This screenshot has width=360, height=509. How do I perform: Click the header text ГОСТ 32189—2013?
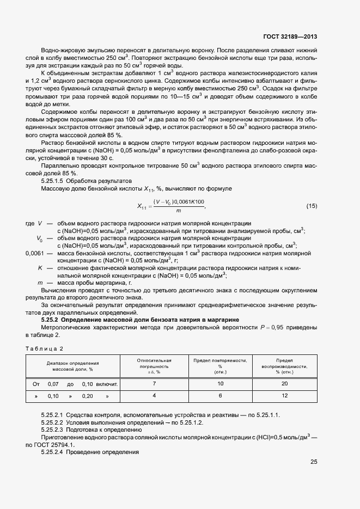291,37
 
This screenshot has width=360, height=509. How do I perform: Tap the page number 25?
314,462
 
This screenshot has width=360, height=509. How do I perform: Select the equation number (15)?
312,206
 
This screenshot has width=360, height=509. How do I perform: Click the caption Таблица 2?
45,348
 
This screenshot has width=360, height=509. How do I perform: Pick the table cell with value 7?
154,384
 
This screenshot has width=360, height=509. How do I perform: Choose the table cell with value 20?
284,384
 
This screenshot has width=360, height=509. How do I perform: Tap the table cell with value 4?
154,396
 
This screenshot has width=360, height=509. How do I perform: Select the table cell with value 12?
284,396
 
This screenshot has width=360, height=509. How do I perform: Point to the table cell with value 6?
220,396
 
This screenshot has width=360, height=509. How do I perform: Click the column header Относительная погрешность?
154,366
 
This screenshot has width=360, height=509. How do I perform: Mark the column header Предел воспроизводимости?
284,366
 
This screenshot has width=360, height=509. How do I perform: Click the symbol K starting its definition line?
40,268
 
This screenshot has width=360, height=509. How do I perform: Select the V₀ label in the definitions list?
39,238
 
